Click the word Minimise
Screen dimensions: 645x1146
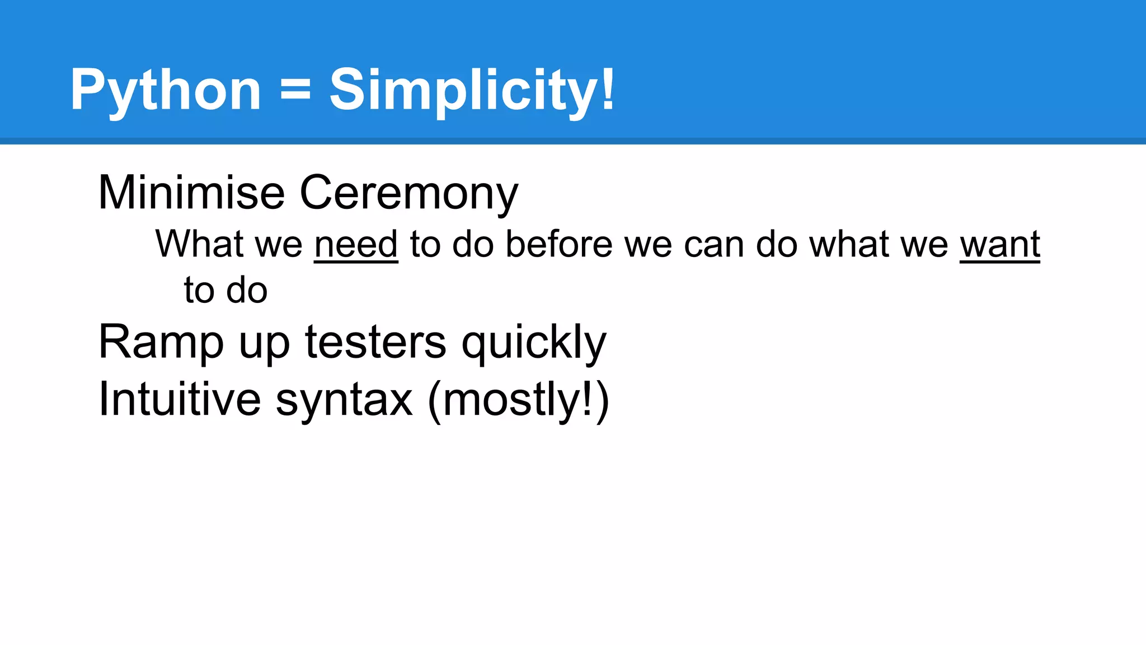191,193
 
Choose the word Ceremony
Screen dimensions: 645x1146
409,194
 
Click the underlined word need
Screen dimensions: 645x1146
356,245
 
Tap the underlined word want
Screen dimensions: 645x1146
1000,245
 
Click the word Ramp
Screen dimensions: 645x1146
161,342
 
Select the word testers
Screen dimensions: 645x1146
375,342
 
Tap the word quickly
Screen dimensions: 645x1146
534,343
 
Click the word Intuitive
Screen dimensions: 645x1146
180,399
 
